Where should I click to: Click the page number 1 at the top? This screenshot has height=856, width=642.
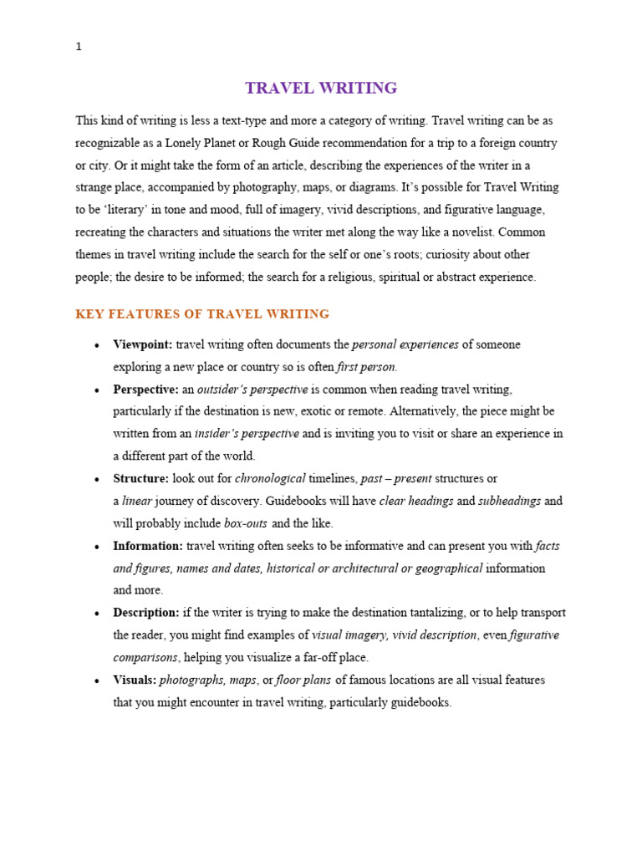(79, 48)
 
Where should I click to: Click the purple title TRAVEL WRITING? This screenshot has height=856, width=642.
(321, 88)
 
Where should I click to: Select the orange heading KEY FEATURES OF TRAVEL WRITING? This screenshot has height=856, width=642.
(202, 314)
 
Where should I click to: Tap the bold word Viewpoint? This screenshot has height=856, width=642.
(143, 344)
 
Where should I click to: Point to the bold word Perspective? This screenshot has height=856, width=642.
(146, 390)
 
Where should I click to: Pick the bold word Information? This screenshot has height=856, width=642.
(148, 546)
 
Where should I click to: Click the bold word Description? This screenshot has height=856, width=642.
(146, 613)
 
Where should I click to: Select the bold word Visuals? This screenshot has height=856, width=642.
(135, 680)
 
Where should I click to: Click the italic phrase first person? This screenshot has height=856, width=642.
(367, 367)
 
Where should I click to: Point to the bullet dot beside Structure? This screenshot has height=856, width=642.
(97, 480)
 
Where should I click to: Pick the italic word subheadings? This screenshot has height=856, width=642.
(510, 502)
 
